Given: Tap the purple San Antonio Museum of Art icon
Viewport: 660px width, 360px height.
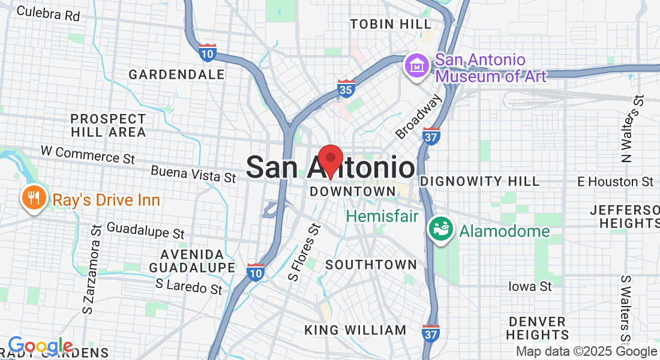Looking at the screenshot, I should tap(416, 67).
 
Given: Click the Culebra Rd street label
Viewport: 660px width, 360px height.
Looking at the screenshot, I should tap(48, 13).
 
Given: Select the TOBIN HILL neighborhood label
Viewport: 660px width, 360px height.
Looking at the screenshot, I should tap(391, 24).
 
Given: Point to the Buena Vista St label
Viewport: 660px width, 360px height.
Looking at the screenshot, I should tap(193, 176).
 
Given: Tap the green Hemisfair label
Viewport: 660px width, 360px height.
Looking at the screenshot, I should tap(382, 216).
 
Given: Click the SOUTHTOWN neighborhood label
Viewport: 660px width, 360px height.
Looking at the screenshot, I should tap(371, 265).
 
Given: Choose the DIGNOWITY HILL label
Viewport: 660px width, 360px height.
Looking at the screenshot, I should tap(480, 181).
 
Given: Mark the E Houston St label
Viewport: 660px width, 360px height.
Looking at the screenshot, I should tap(615, 181).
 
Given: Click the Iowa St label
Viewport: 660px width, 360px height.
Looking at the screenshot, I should tap(530, 286).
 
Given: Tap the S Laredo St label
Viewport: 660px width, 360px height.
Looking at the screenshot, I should tap(188, 286).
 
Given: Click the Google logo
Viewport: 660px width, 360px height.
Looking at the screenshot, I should tap(40, 346).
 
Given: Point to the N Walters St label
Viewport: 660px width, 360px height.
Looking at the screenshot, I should tap(629, 129).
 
